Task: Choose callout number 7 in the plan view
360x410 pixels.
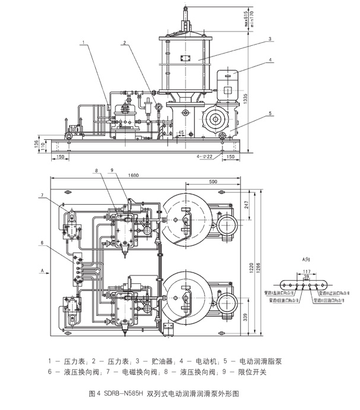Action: tap(43, 195)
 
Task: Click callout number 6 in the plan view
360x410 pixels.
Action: tap(43, 242)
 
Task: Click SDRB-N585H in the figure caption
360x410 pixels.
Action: tap(124, 394)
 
